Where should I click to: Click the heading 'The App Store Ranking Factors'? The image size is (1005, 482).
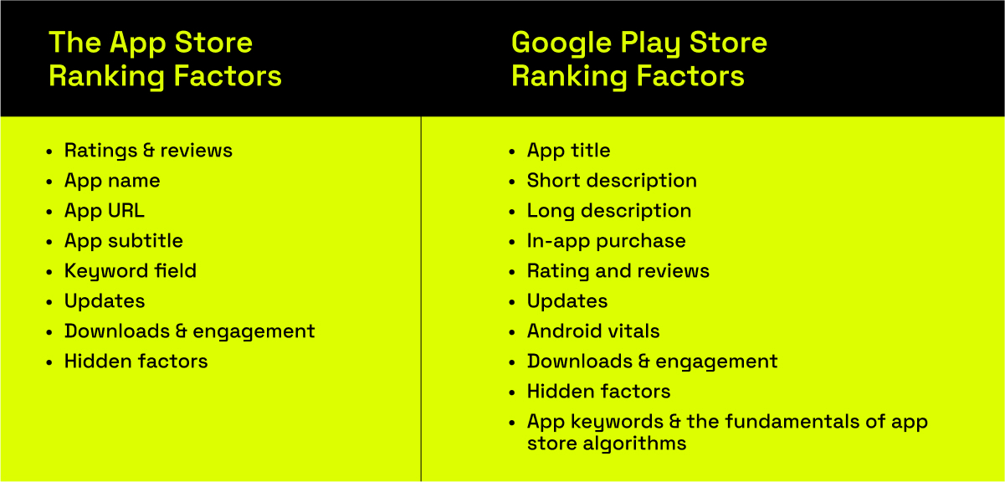[x=165, y=59]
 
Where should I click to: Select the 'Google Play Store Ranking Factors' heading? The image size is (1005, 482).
[x=639, y=59]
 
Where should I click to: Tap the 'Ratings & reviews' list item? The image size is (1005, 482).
[x=148, y=151]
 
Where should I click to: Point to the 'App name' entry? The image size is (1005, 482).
[x=112, y=181]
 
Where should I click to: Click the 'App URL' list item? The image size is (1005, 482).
[x=105, y=211]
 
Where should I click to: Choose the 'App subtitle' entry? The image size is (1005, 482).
[x=124, y=241]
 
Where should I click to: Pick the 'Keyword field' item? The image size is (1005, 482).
[x=131, y=271]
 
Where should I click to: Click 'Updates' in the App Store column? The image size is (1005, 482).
[x=105, y=301]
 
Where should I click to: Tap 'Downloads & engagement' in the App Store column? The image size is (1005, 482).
[x=190, y=331]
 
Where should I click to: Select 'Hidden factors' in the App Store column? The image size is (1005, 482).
[x=136, y=361]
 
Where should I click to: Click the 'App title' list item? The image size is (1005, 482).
[x=569, y=151]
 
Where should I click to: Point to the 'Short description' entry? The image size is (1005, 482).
[x=612, y=181]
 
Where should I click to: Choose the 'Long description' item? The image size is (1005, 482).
[x=609, y=211]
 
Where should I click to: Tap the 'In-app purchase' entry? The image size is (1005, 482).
[x=607, y=241]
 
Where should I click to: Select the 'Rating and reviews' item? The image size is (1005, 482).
[x=618, y=271]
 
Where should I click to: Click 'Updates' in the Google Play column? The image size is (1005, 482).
[x=567, y=301]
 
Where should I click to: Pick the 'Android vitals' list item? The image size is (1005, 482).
[x=593, y=331]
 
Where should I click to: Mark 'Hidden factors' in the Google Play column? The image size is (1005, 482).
[x=599, y=392]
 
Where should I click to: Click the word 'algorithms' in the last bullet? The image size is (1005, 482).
[x=634, y=444]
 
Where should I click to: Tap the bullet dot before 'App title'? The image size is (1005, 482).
[x=512, y=151]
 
